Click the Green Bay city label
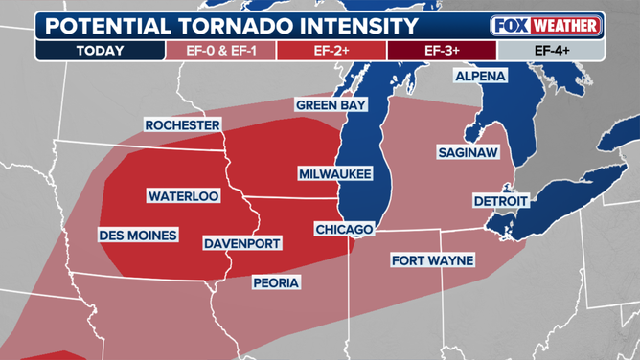coord(331,104)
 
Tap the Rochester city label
coord(183,125)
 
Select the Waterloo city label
coord(183,195)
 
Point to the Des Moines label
coord(137,235)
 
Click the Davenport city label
coord(242,244)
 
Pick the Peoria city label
coord(276,282)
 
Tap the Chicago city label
coord(343,230)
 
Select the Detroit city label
coord(500,201)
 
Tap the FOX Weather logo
coord(545,25)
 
